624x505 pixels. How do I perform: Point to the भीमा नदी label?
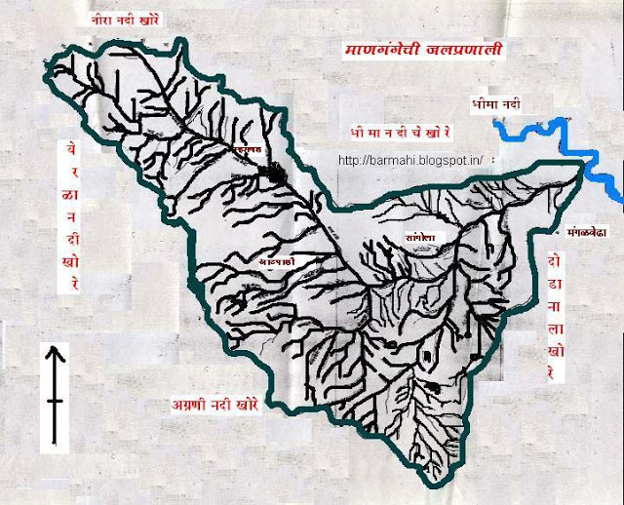(x=490, y=100)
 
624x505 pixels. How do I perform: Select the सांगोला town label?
(x=404, y=236)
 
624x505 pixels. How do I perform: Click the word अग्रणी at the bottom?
(x=181, y=402)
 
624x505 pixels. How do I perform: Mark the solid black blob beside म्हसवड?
(x=278, y=175)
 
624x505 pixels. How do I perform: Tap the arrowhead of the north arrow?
(x=56, y=354)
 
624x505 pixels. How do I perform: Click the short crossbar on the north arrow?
(x=56, y=400)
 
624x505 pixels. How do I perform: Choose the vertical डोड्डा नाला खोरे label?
(x=553, y=317)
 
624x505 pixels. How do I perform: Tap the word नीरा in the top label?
(x=102, y=19)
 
